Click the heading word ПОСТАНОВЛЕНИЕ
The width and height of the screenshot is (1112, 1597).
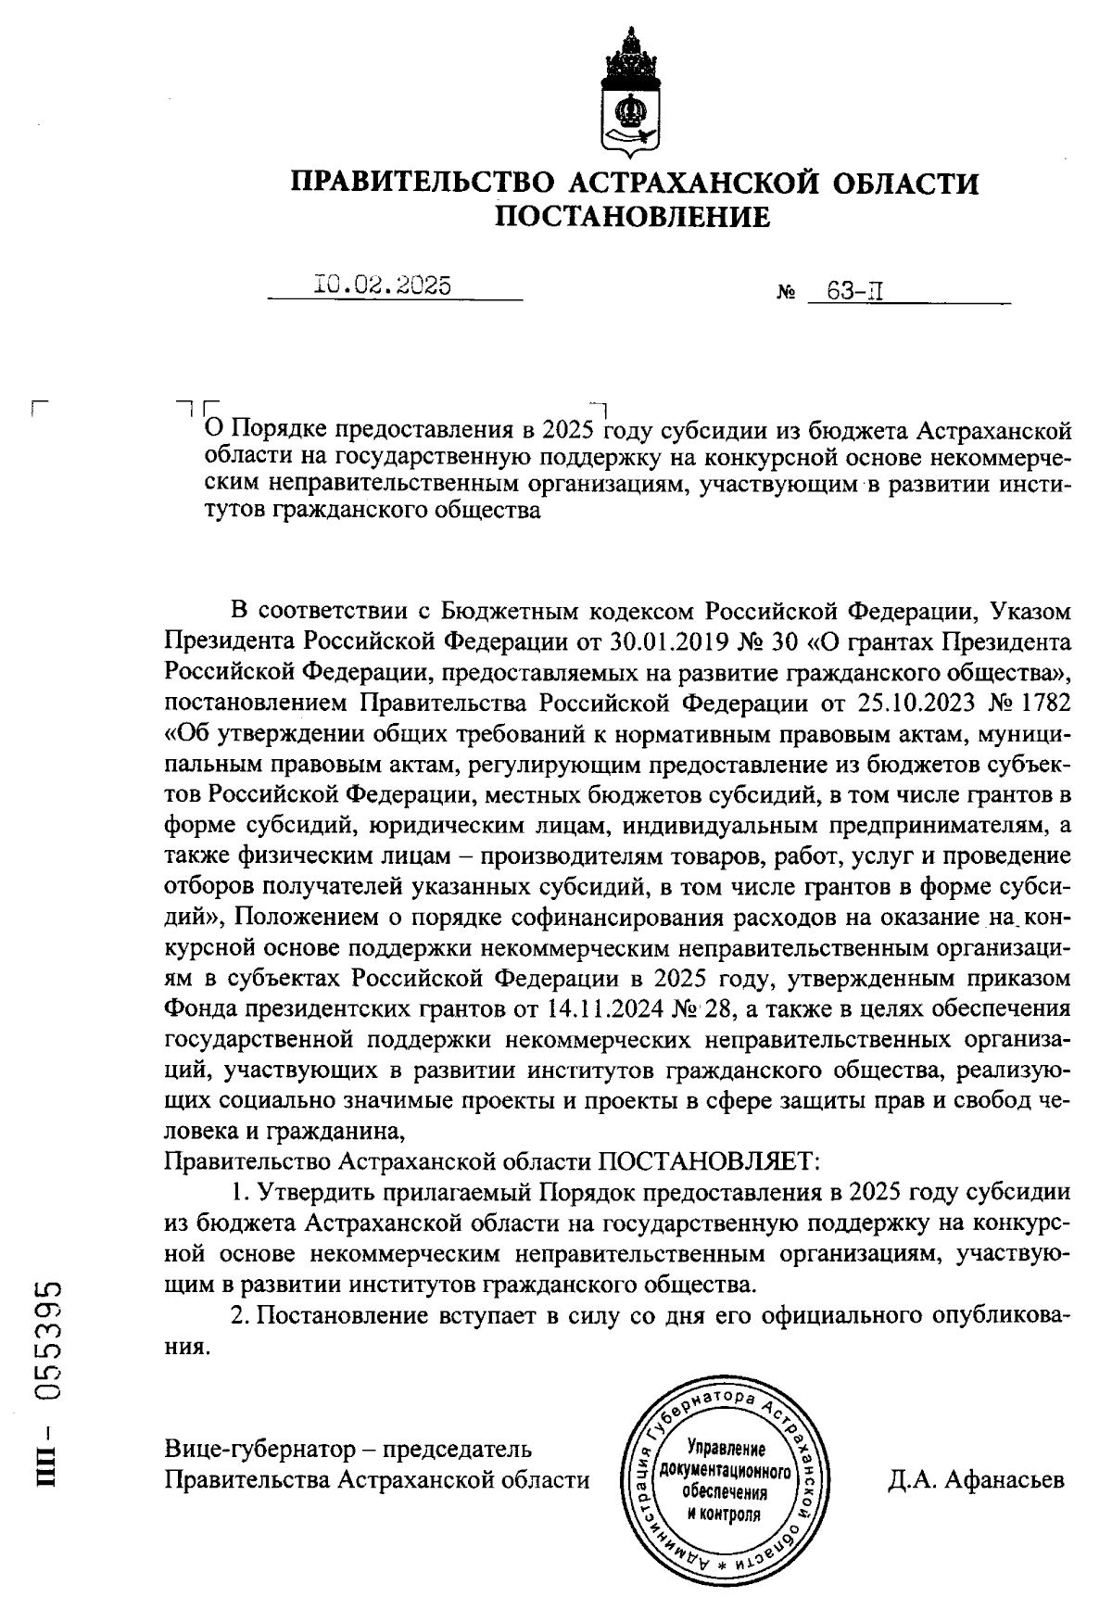(634, 217)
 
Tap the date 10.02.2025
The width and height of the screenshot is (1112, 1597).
(383, 285)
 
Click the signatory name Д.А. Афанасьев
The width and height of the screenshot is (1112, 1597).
(975, 1480)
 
